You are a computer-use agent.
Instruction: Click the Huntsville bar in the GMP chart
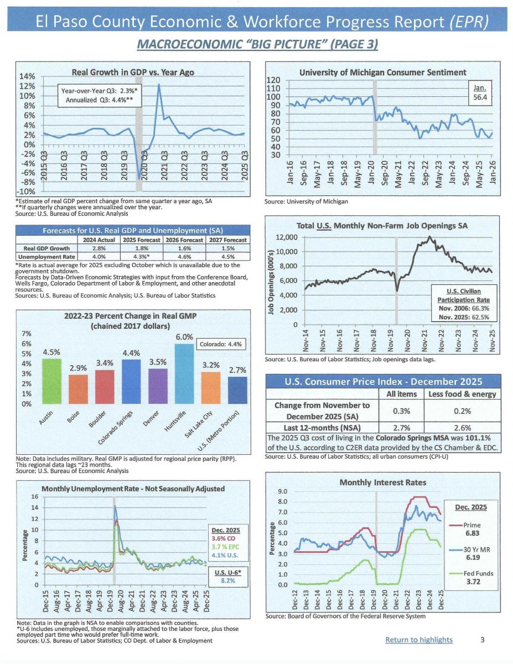(x=184, y=373)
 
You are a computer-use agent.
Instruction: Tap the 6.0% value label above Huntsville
(x=184, y=337)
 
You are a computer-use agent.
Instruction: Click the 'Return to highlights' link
(x=419, y=640)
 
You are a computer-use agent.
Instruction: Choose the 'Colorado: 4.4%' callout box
(x=220, y=344)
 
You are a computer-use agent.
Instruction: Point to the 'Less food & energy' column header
(x=462, y=394)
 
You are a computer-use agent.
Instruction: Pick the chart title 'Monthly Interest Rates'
(x=382, y=483)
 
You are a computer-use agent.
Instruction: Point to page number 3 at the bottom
(x=483, y=640)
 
